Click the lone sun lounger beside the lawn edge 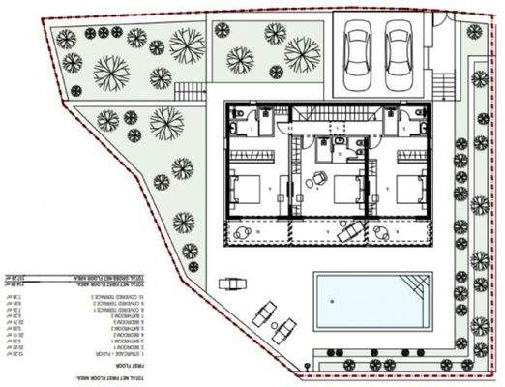coord(229,284)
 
